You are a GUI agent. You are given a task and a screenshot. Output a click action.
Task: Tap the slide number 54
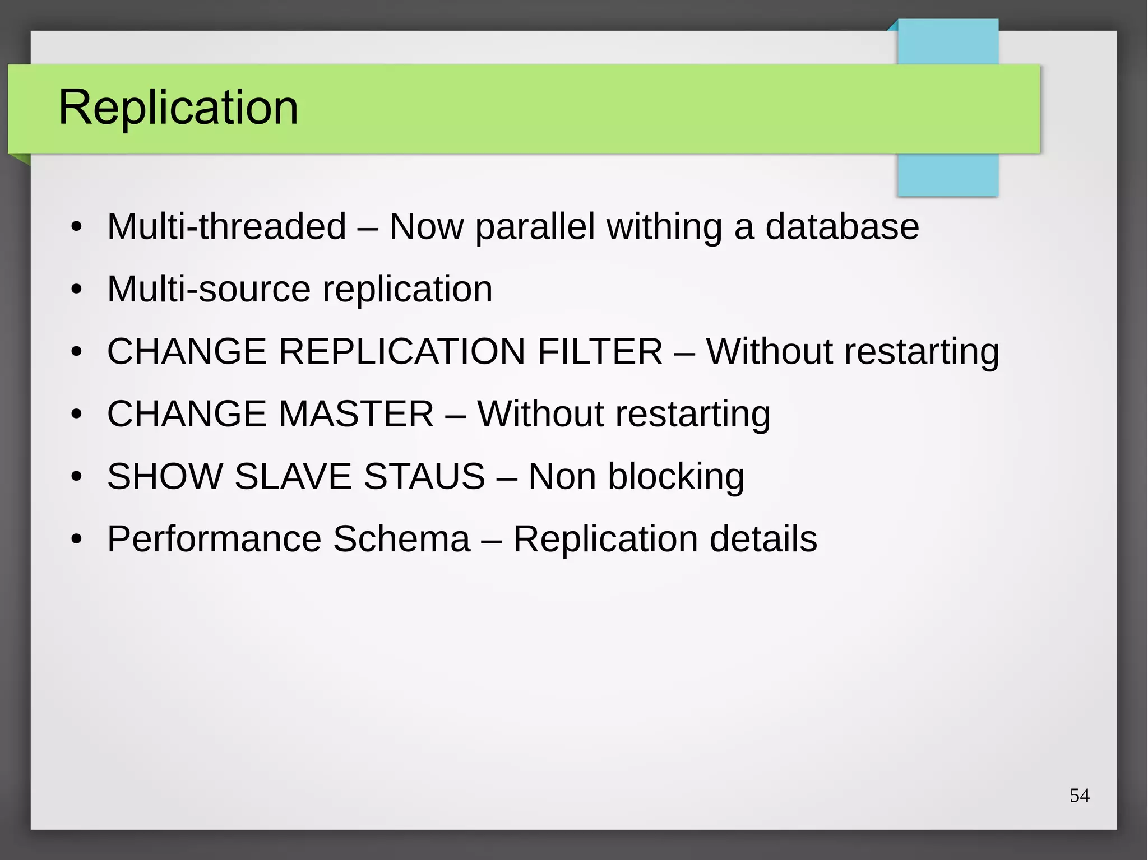[x=1079, y=796]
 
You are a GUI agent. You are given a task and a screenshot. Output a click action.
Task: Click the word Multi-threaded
[x=226, y=227]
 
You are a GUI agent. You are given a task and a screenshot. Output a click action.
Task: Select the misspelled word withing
[x=664, y=227]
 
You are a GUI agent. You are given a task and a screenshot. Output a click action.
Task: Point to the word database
[x=842, y=227]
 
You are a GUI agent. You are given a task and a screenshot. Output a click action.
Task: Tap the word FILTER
[x=600, y=352]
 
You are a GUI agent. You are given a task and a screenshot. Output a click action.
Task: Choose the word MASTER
[x=356, y=414]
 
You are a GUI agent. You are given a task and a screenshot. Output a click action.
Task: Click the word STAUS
[x=424, y=477]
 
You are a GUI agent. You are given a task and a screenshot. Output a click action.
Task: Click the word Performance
[x=214, y=539]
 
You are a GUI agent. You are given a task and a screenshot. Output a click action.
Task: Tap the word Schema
[x=401, y=539]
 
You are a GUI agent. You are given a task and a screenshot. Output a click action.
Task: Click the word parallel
[x=535, y=227]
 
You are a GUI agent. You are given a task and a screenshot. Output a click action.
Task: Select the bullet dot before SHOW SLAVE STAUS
[x=77, y=477]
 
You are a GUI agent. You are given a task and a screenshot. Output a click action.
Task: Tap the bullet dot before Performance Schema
[x=77, y=540]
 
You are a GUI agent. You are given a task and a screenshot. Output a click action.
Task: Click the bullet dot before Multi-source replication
[x=77, y=290]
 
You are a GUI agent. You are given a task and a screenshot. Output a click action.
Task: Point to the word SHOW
[x=165, y=477]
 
